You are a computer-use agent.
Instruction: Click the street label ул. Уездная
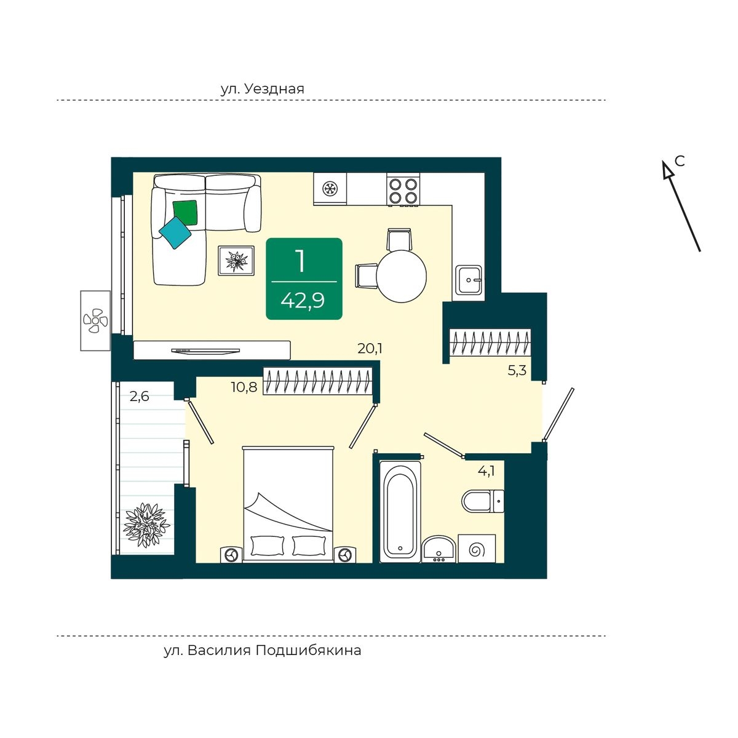point(263,89)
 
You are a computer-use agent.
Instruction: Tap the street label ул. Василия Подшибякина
point(263,650)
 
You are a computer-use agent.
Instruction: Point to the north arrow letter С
point(680,161)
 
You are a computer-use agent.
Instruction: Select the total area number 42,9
point(303,300)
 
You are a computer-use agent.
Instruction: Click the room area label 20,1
point(370,349)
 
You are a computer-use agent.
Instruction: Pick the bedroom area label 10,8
point(244,387)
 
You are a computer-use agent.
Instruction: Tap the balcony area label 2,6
point(139,397)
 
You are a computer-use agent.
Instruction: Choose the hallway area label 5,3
point(517,370)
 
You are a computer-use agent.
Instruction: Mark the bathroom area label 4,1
point(486,470)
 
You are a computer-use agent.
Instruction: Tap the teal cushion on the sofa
point(175,233)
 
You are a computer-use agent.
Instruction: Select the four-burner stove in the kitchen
point(403,189)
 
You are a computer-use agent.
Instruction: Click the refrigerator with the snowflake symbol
point(330,188)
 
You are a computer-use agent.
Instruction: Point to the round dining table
point(402,276)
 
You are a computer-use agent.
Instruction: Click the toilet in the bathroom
point(483,501)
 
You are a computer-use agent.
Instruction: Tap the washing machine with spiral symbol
point(477,549)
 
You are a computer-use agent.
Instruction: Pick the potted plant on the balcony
point(146,525)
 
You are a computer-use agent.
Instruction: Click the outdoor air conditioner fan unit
point(96,320)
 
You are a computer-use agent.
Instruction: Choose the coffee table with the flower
point(236,260)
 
